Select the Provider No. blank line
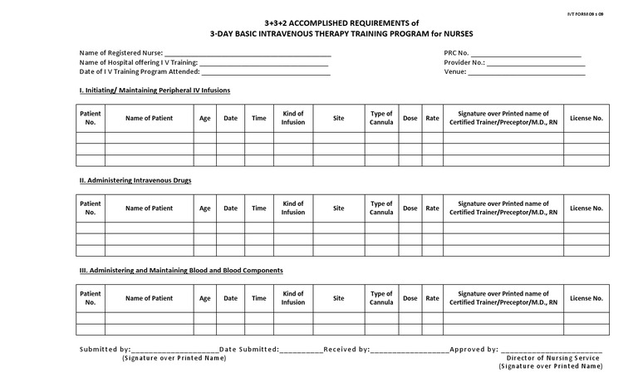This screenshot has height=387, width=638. coord(536,63)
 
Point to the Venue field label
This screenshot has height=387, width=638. coord(455,72)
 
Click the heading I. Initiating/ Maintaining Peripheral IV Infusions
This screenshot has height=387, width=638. coord(155,90)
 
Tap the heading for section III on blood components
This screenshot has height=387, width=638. coord(181,271)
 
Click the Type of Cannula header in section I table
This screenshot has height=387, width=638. coord(381,118)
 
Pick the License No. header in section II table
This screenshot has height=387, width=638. coord(586,208)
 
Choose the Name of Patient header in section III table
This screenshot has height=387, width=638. coord(150,298)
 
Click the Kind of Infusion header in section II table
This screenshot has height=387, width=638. coord(293,208)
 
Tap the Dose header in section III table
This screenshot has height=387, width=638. coord(410,298)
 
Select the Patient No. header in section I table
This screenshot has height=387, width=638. coord(91,118)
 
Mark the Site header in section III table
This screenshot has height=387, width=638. coord(338,298)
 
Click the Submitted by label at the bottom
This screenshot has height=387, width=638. coord(105,350)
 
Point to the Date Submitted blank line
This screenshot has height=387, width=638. coord(301,351)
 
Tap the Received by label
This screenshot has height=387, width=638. coord(346,350)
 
